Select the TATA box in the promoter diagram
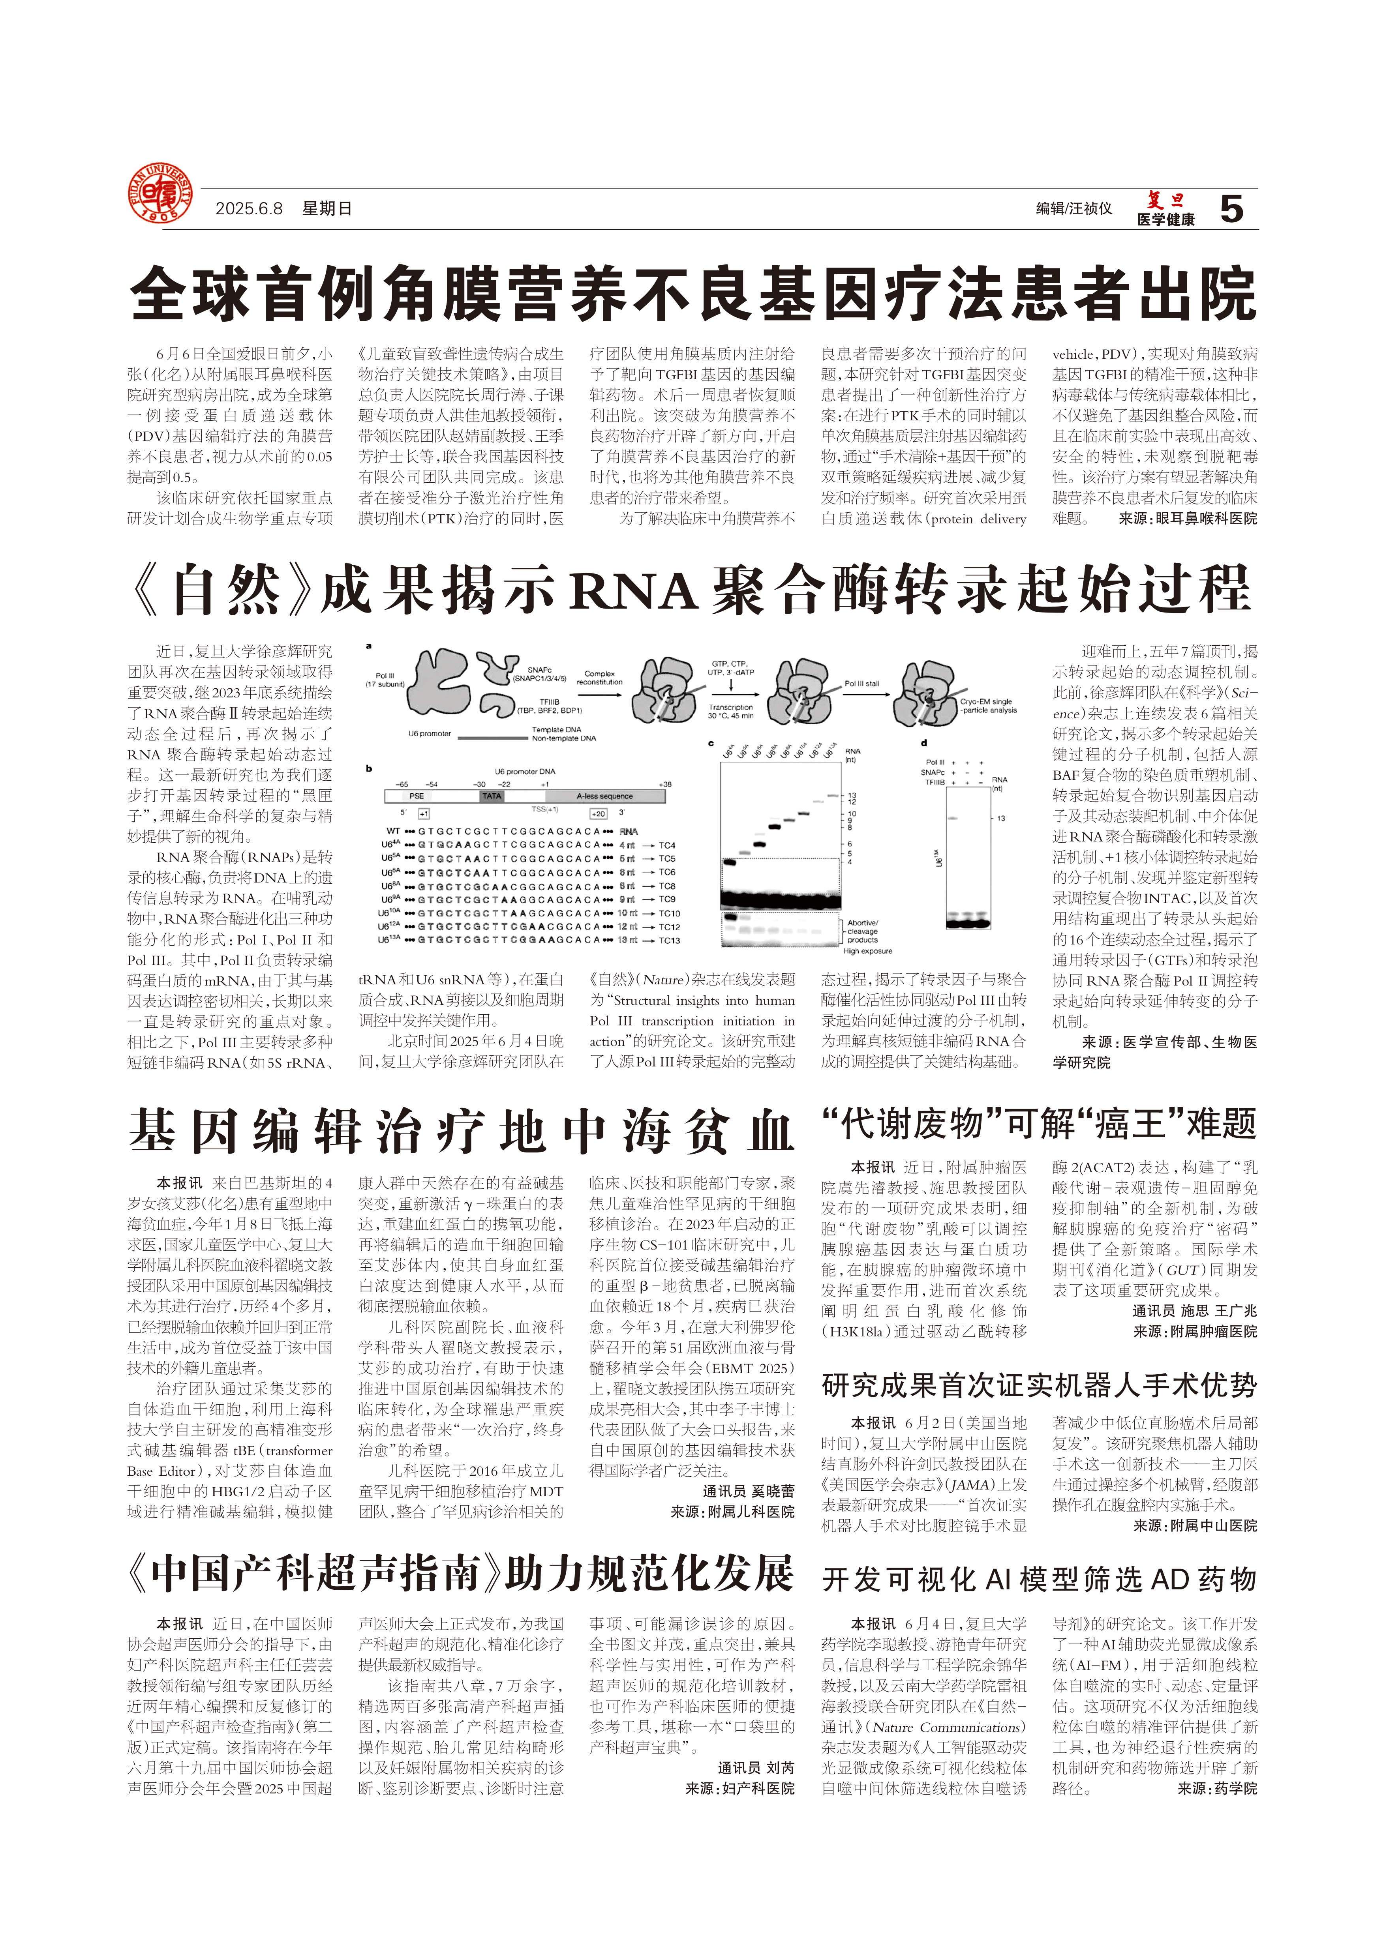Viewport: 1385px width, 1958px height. click(492, 796)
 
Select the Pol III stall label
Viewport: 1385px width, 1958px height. click(861, 683)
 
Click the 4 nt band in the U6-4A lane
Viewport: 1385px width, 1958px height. click(729, 862)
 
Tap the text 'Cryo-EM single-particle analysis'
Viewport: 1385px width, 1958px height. click(987, 705)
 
